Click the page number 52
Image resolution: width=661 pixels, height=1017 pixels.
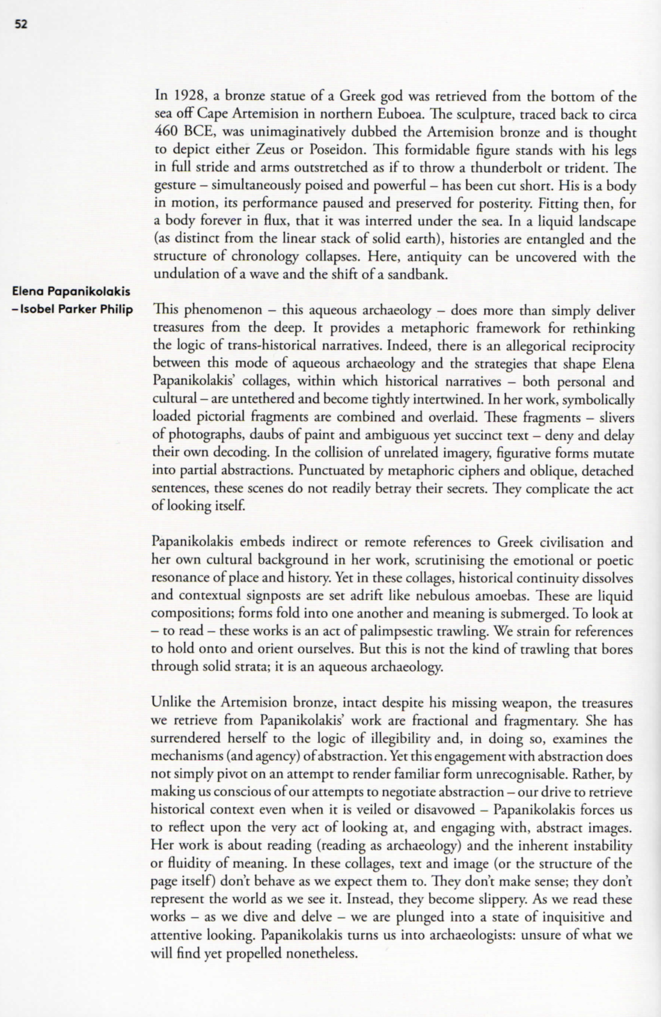point(21,24)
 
